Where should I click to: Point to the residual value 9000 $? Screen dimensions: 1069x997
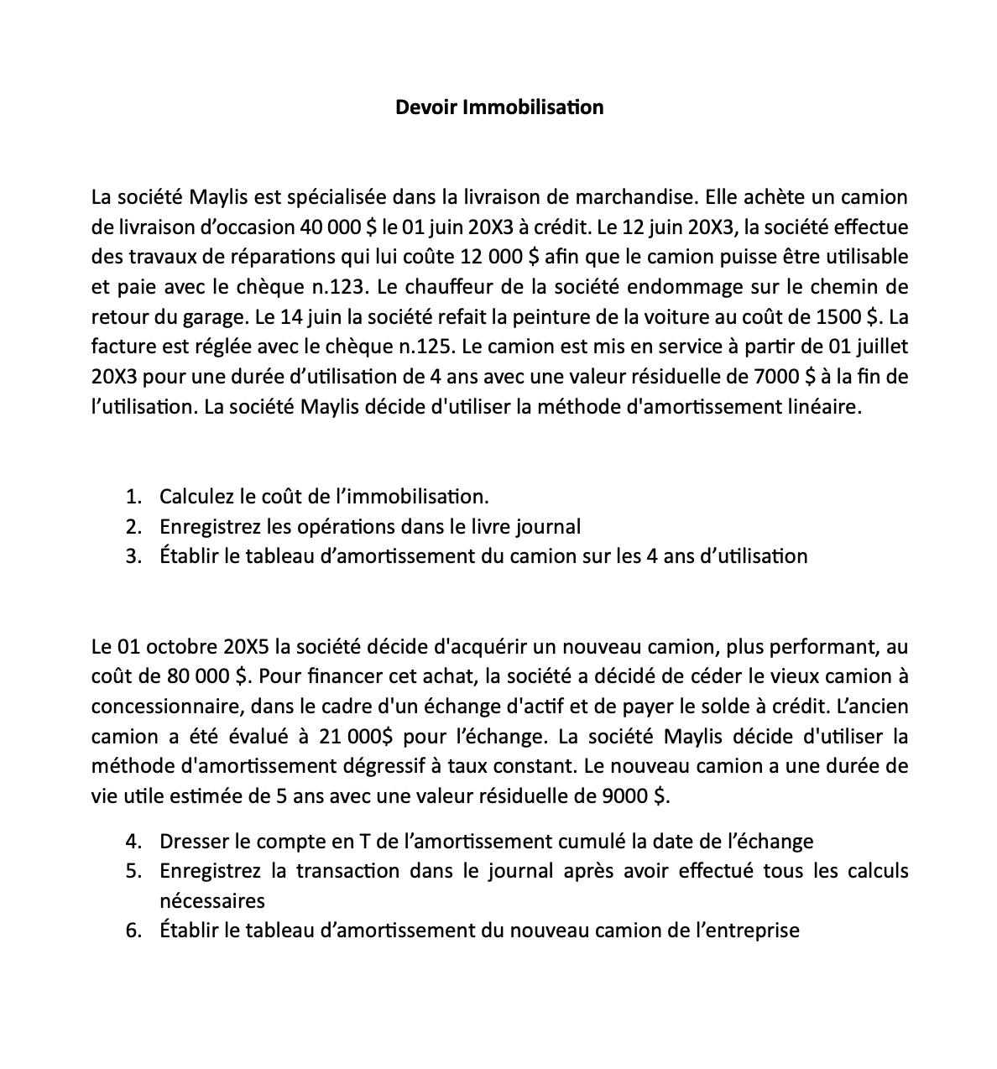[x=637, y=796]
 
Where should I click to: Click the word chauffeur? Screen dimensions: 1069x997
[x=453, y=287]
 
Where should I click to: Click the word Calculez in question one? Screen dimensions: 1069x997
[x=196, y=497]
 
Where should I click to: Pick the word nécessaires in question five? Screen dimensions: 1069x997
[x=212, y=901]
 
